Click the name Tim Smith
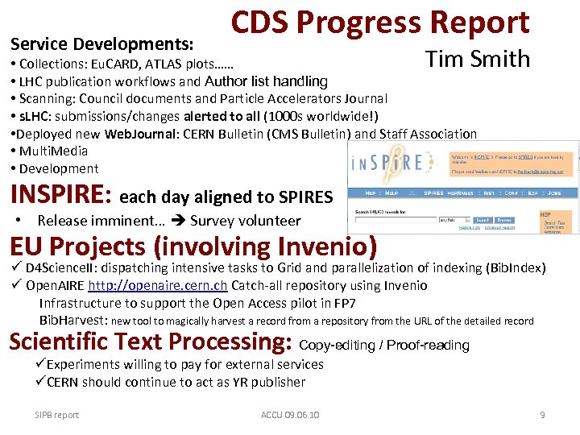[478, 59]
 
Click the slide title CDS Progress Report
[380, 23]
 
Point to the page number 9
[542, 415]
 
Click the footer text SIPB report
[57, 415]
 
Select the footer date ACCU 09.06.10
[290, 415]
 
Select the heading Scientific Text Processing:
[150, 342]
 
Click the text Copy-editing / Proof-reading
[384, 345]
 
